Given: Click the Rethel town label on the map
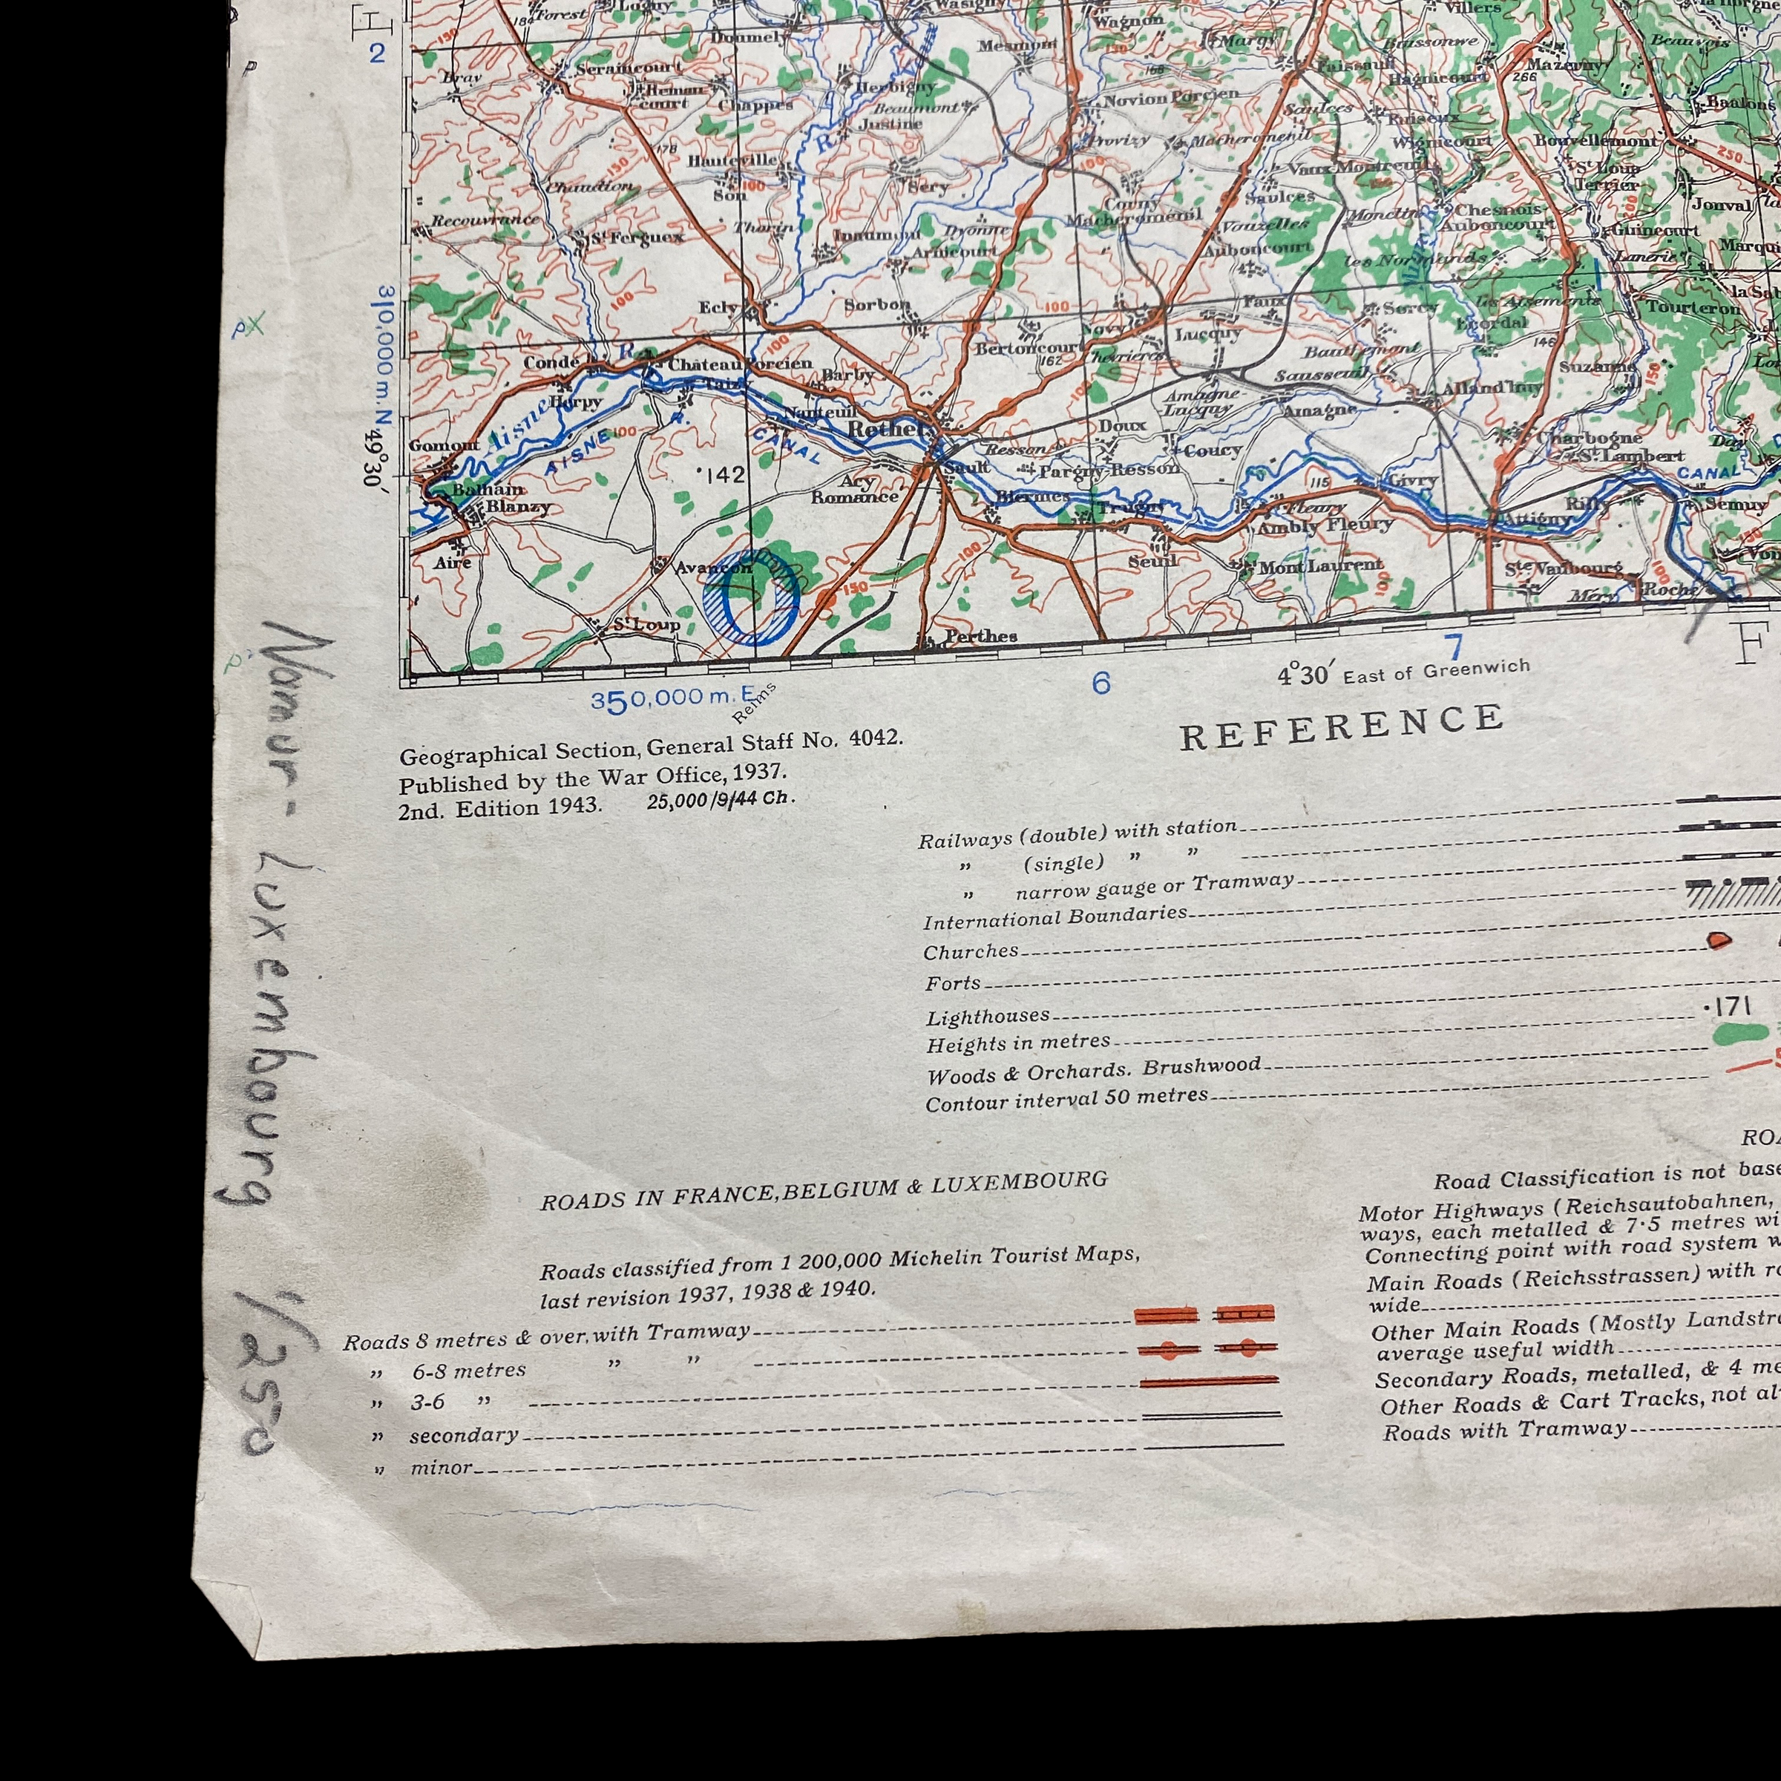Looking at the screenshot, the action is [885, 429].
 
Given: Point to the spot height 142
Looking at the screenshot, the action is [723, 474].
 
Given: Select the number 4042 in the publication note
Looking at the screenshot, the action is [875, 738].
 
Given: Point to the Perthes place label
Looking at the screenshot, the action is [980, 636].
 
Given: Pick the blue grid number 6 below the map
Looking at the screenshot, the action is [1101, 683].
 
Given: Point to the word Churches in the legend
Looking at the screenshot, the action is [971, 951].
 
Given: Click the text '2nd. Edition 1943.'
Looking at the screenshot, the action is [499, 808].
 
